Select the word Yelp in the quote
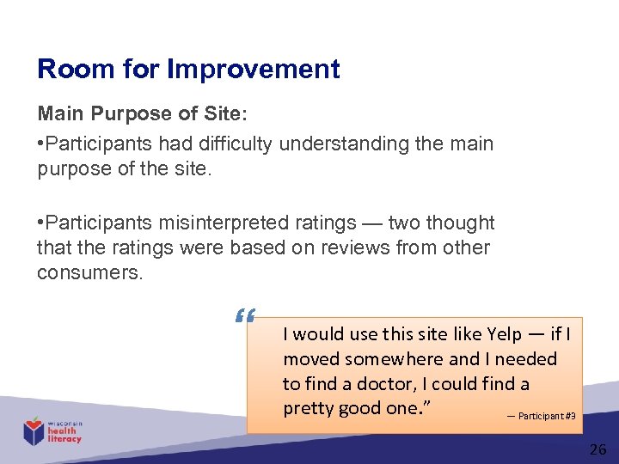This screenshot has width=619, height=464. click(504, 334)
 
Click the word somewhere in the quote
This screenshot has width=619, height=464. click(395, 359)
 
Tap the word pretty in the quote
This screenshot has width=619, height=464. click(308, 408)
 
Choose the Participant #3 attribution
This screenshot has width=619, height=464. click(547, 416)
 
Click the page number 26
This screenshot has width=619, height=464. click(598, 449)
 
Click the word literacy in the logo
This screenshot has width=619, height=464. click(64, 439)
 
